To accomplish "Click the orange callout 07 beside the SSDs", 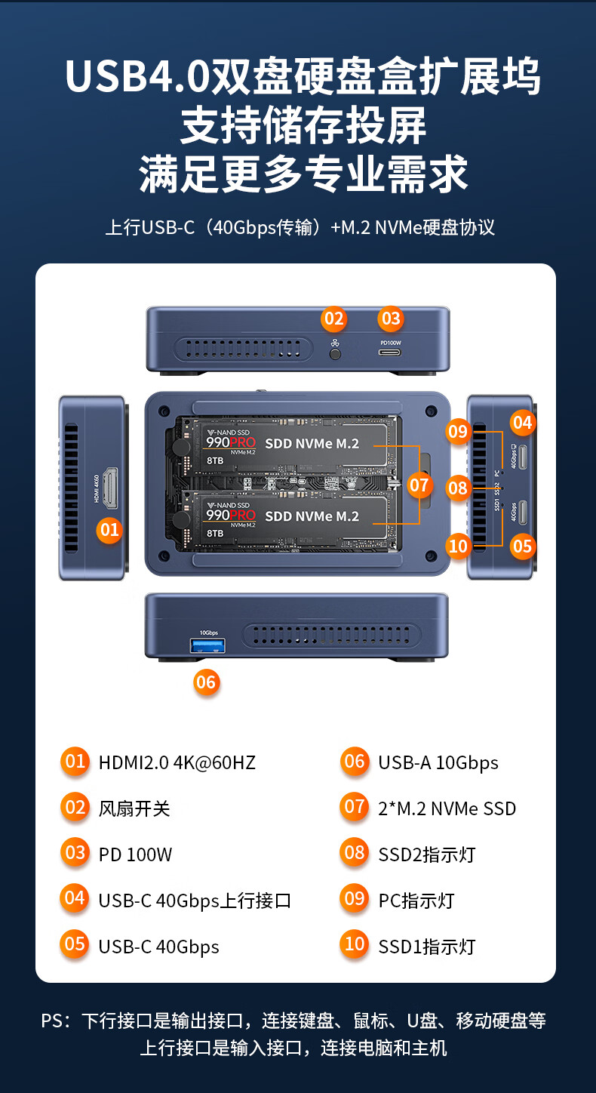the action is [419, 485].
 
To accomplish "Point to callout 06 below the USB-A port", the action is [205, 682].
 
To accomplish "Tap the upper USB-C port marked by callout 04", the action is [523, 459].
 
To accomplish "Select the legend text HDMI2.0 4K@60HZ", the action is [177, 762].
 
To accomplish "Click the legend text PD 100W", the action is [135, 854].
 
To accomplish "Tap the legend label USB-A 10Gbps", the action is [438, 762].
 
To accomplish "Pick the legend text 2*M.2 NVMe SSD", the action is [447, 808].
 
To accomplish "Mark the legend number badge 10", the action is [355, 944].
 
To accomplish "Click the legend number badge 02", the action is [75, 808].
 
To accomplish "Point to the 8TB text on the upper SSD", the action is [214, 459].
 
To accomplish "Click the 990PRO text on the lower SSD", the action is [231, 515].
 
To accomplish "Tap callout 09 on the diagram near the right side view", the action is [458, 432].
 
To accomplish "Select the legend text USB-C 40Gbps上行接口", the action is [195, 901].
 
